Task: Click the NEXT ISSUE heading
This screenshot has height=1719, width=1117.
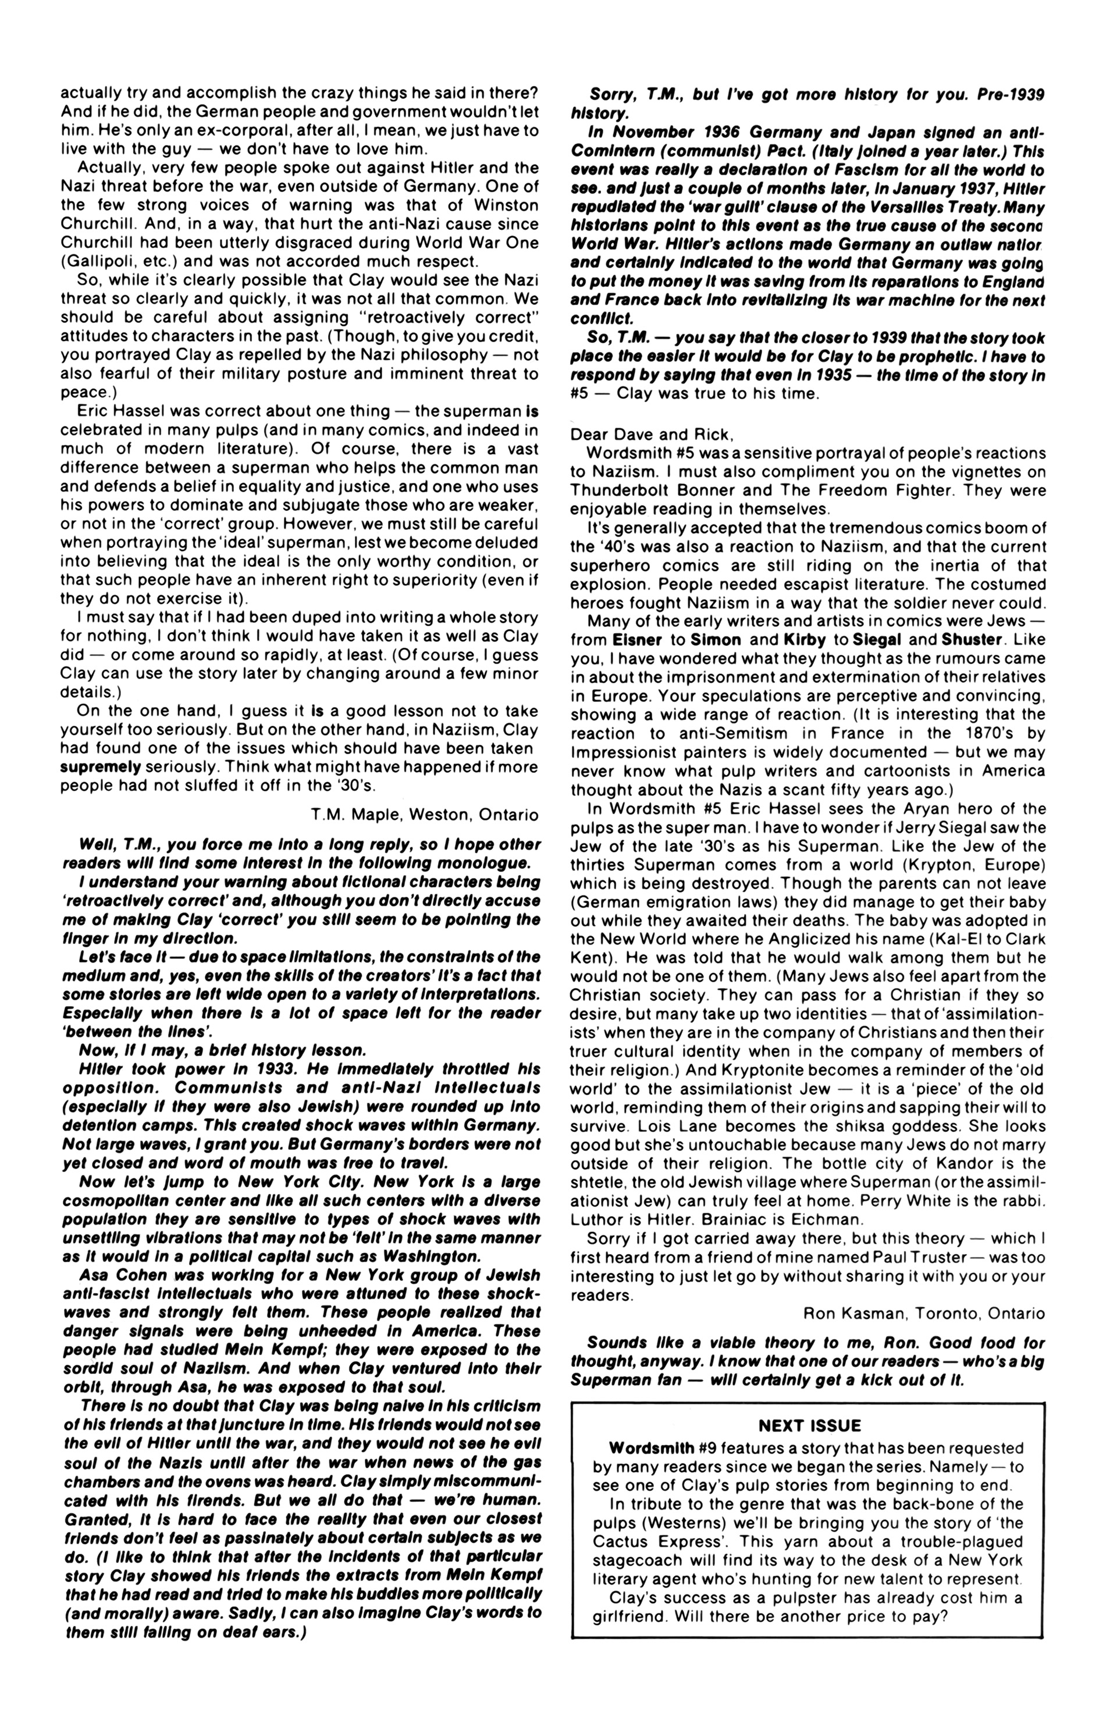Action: tap(809, 1426)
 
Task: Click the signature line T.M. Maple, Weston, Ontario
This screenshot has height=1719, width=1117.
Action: tap(425, 815)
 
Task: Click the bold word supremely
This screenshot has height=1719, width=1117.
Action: tap(101, 766)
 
